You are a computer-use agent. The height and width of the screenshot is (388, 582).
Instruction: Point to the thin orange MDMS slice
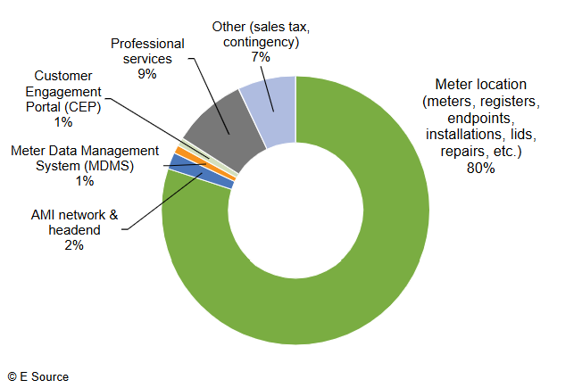[179, 153]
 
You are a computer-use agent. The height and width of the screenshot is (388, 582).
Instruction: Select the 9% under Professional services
[147, 74]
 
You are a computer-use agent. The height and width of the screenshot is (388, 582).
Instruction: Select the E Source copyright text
[37, 376]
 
